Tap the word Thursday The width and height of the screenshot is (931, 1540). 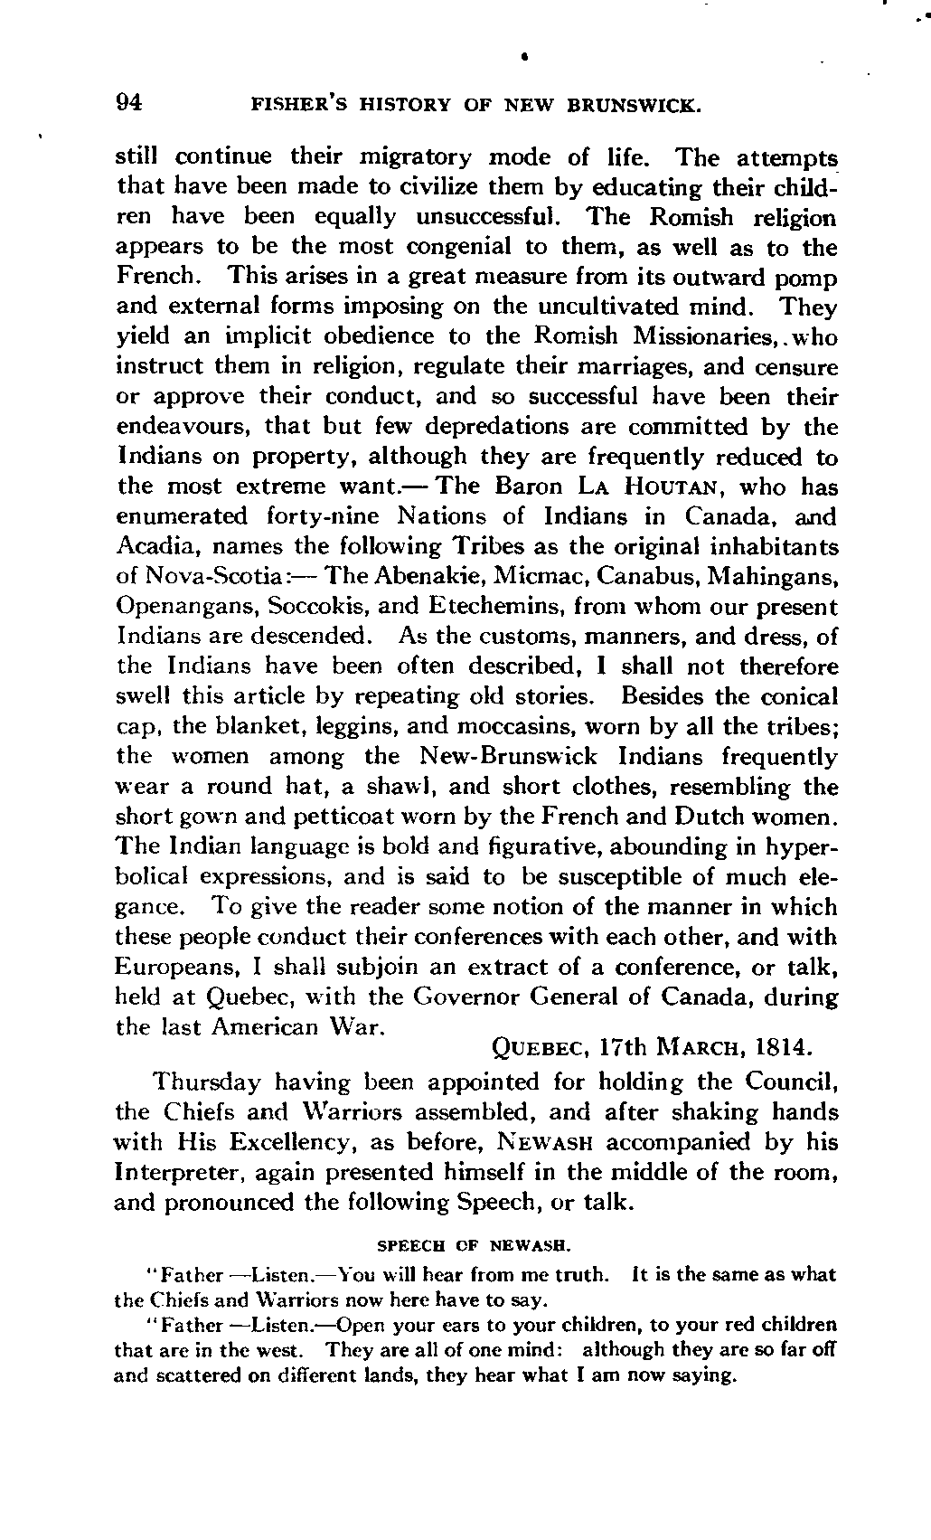[208, 1082]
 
